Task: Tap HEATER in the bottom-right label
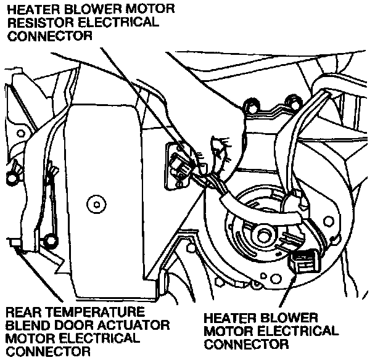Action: (x=229, y=317)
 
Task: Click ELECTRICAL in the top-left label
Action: (x=117, y=23)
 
